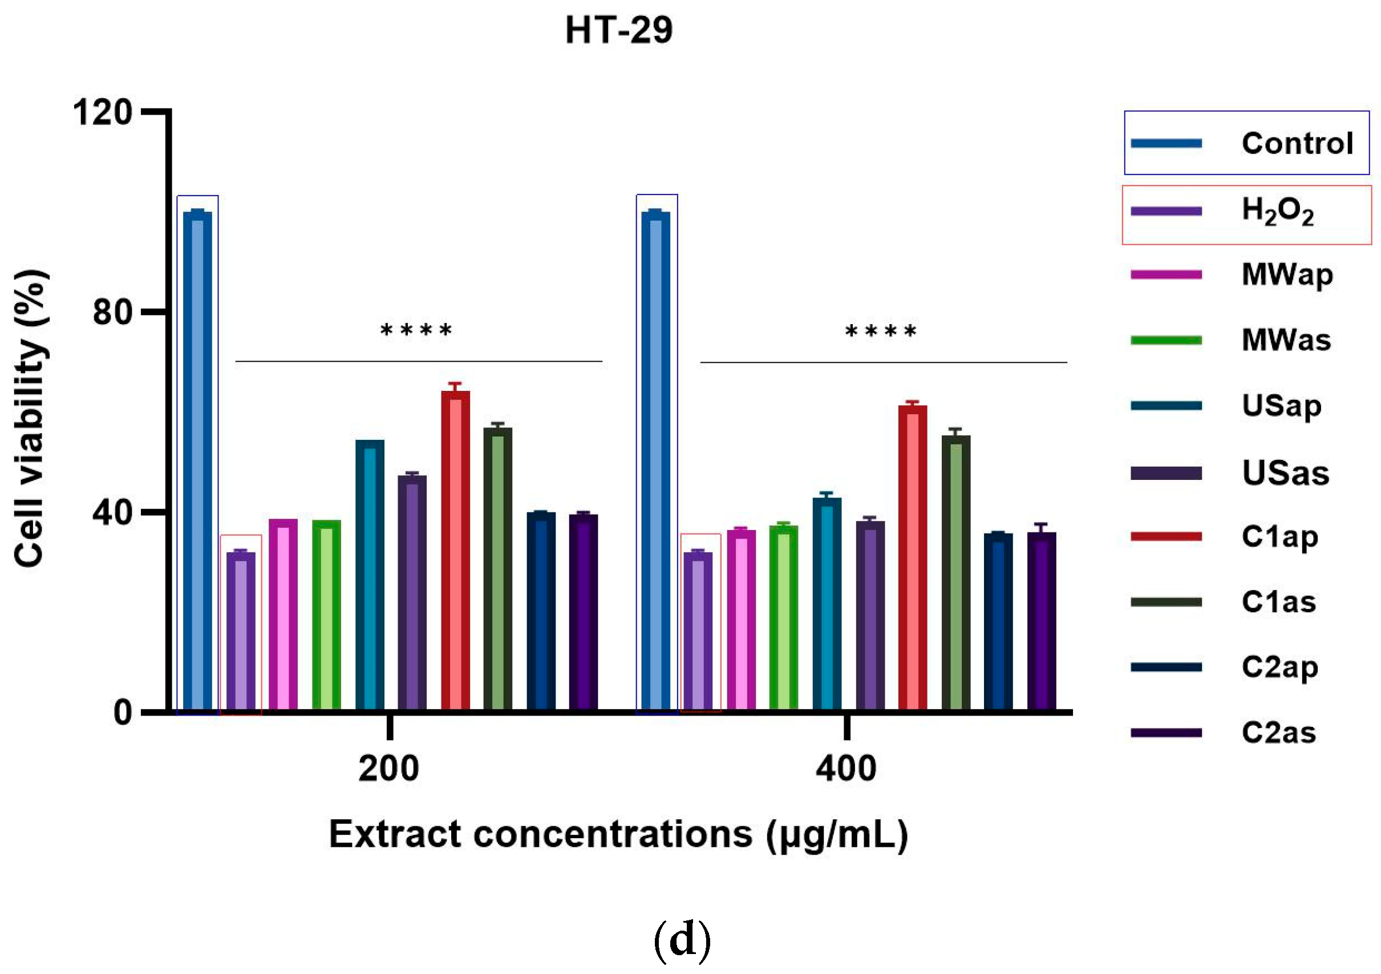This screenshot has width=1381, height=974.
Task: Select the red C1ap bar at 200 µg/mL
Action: [455, 551]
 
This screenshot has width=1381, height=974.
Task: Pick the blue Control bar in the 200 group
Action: [197, 460]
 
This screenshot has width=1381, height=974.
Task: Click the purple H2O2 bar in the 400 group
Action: [698, 632]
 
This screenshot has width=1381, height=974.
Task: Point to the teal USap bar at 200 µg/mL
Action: [369, 575]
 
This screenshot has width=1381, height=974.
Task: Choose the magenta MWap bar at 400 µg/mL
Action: [741, 620]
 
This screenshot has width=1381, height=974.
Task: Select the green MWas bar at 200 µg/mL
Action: [326, 615]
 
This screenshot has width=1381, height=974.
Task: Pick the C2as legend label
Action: [1279, 733]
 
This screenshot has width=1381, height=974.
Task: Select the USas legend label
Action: [1285, 473]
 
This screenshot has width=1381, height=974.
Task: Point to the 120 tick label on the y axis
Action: [102, 112]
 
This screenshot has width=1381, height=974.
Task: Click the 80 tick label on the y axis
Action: [112, 312]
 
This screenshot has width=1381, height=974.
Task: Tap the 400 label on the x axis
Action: [846, 769]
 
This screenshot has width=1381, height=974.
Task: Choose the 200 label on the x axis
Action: [388, 769]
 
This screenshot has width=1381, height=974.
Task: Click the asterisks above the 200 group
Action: [416, 330]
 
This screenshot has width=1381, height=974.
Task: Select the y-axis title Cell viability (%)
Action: [30, 418]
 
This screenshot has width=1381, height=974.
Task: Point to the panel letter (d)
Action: [682, 940]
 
